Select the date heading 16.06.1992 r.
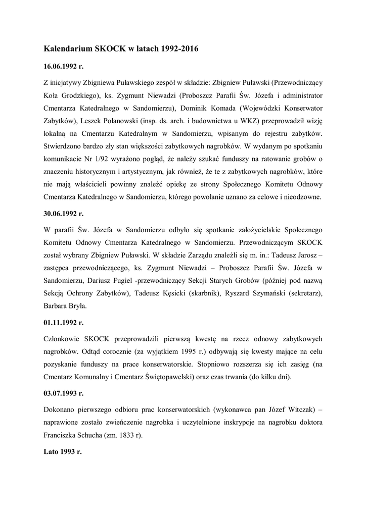point(64,67)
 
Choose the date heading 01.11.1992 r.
point(64,321)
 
